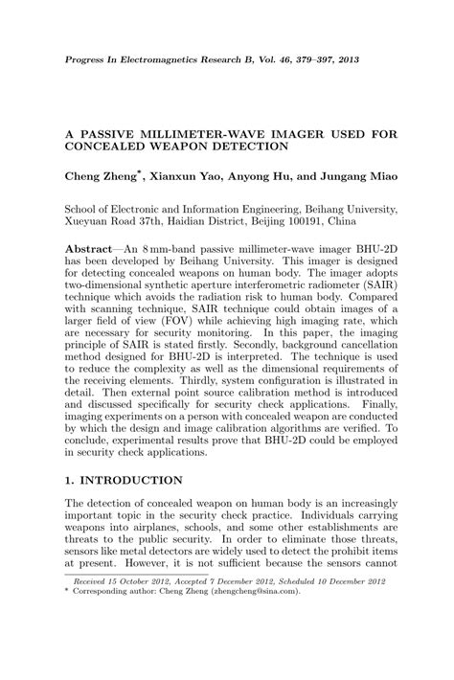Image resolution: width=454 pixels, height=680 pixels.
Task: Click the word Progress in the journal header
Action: (86, 59)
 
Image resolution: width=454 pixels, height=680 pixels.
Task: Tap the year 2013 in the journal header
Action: (375, 59)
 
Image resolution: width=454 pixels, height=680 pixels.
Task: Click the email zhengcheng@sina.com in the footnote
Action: (271, 620)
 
